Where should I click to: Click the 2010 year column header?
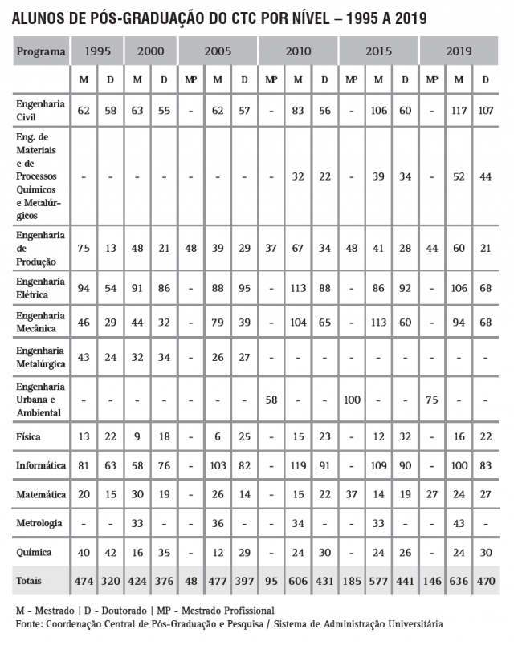298,53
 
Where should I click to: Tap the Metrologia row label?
39,523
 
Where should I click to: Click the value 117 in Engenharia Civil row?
459,110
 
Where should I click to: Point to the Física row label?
29,437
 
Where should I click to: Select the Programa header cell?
40,53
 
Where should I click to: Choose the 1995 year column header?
97,53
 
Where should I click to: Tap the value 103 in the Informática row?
218,465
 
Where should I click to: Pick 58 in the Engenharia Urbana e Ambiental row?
271,399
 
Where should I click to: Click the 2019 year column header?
459,53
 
